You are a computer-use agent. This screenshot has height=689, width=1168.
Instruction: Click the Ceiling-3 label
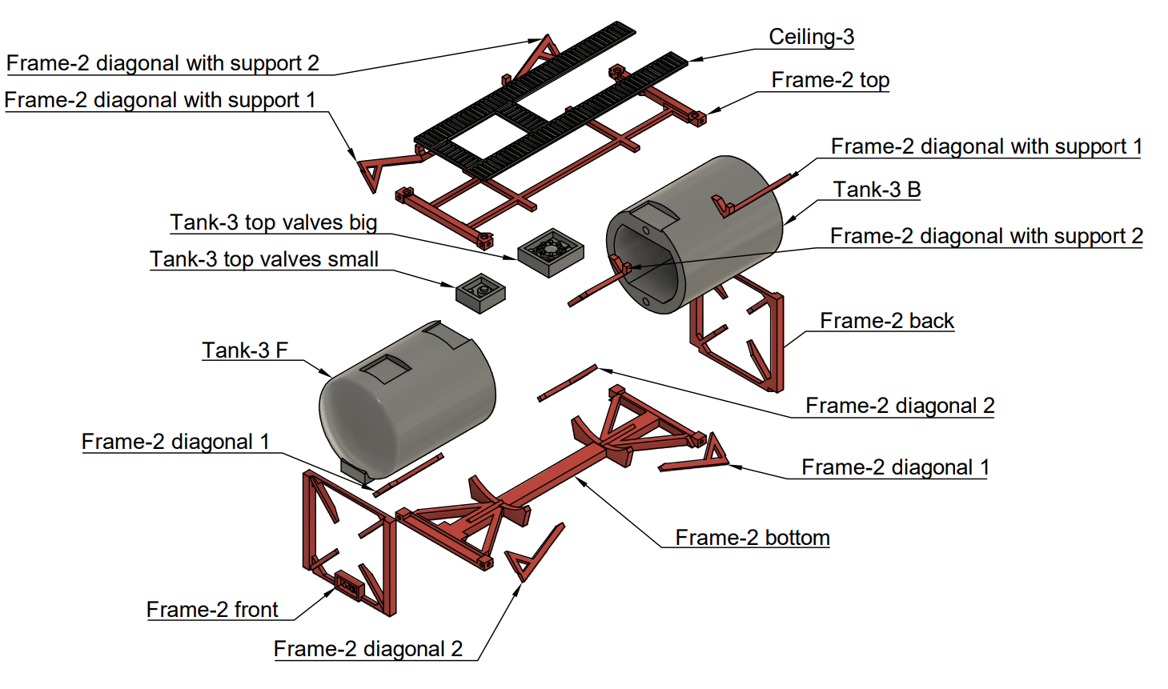pyautogui.click(x=811, y=37)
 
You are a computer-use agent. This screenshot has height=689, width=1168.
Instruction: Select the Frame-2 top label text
pyautogui.click(x=830, y=80)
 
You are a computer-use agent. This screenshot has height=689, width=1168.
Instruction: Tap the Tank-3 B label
pyautogui.click(x=877, y=190)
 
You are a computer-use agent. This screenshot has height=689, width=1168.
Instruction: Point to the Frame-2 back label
pyautogui.click(x=887, y=321)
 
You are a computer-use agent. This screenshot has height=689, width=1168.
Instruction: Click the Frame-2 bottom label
pyautogui.click(x=753, y=538)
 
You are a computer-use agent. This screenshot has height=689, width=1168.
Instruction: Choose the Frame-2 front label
pyautogui.click(x=212, y=610)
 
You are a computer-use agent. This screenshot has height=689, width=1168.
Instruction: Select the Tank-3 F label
pyautogui.click(x=244, y=351)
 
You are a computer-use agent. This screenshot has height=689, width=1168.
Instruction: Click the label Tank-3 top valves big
pyautogui.click(x=273, y=222)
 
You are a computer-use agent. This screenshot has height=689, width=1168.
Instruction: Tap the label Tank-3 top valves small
pyautogui.click(x=264, y=259)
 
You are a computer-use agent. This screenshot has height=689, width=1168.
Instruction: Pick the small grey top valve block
pyautogui.click(x=480, y=293)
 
